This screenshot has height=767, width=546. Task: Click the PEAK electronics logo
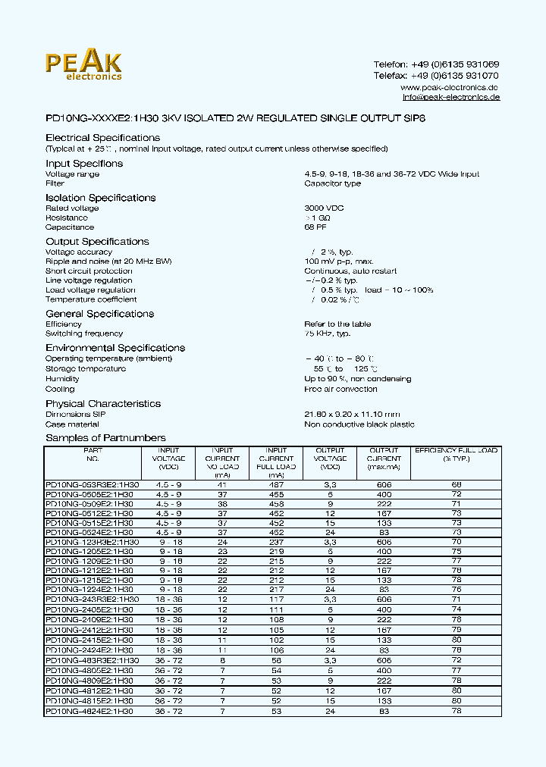[83, 66]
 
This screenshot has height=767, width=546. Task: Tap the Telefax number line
[436, 76]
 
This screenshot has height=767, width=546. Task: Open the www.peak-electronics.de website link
[450, 87]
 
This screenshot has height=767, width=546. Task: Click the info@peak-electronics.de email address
[450, 98]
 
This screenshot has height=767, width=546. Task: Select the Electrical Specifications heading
[102, 138]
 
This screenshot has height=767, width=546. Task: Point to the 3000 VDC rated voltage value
[323, 208]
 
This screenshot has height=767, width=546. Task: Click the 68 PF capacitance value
[315, 227]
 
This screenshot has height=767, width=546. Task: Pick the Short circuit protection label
[89, 271]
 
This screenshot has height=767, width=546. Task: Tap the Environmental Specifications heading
[115, 348]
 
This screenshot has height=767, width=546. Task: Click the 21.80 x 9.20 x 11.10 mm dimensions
[352, 415]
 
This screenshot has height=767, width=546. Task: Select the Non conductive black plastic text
[359, 424]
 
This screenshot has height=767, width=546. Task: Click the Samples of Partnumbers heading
[105, 438]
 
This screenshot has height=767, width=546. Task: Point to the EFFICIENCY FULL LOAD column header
[456, 455]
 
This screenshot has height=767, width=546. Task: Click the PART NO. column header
[93, 455]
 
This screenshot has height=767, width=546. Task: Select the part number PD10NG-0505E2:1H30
[89, 493]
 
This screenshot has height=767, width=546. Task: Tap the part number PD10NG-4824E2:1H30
[89, 711]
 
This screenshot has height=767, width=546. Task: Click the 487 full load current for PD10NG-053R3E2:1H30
[277, 484]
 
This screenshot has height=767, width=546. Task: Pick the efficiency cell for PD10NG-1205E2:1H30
[456, 552]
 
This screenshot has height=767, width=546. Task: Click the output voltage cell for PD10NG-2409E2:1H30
[330, 619]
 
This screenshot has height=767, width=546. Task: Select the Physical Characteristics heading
[103, 404]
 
